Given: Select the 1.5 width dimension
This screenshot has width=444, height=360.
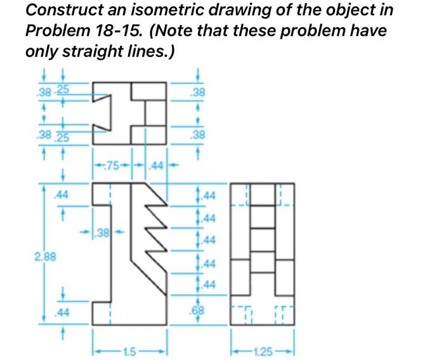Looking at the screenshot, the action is (x=129, y=348).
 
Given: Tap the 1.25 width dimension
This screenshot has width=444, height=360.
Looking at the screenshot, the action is (x=263, y=348).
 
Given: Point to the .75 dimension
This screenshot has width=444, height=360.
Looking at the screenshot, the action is (x=113, y=166).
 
